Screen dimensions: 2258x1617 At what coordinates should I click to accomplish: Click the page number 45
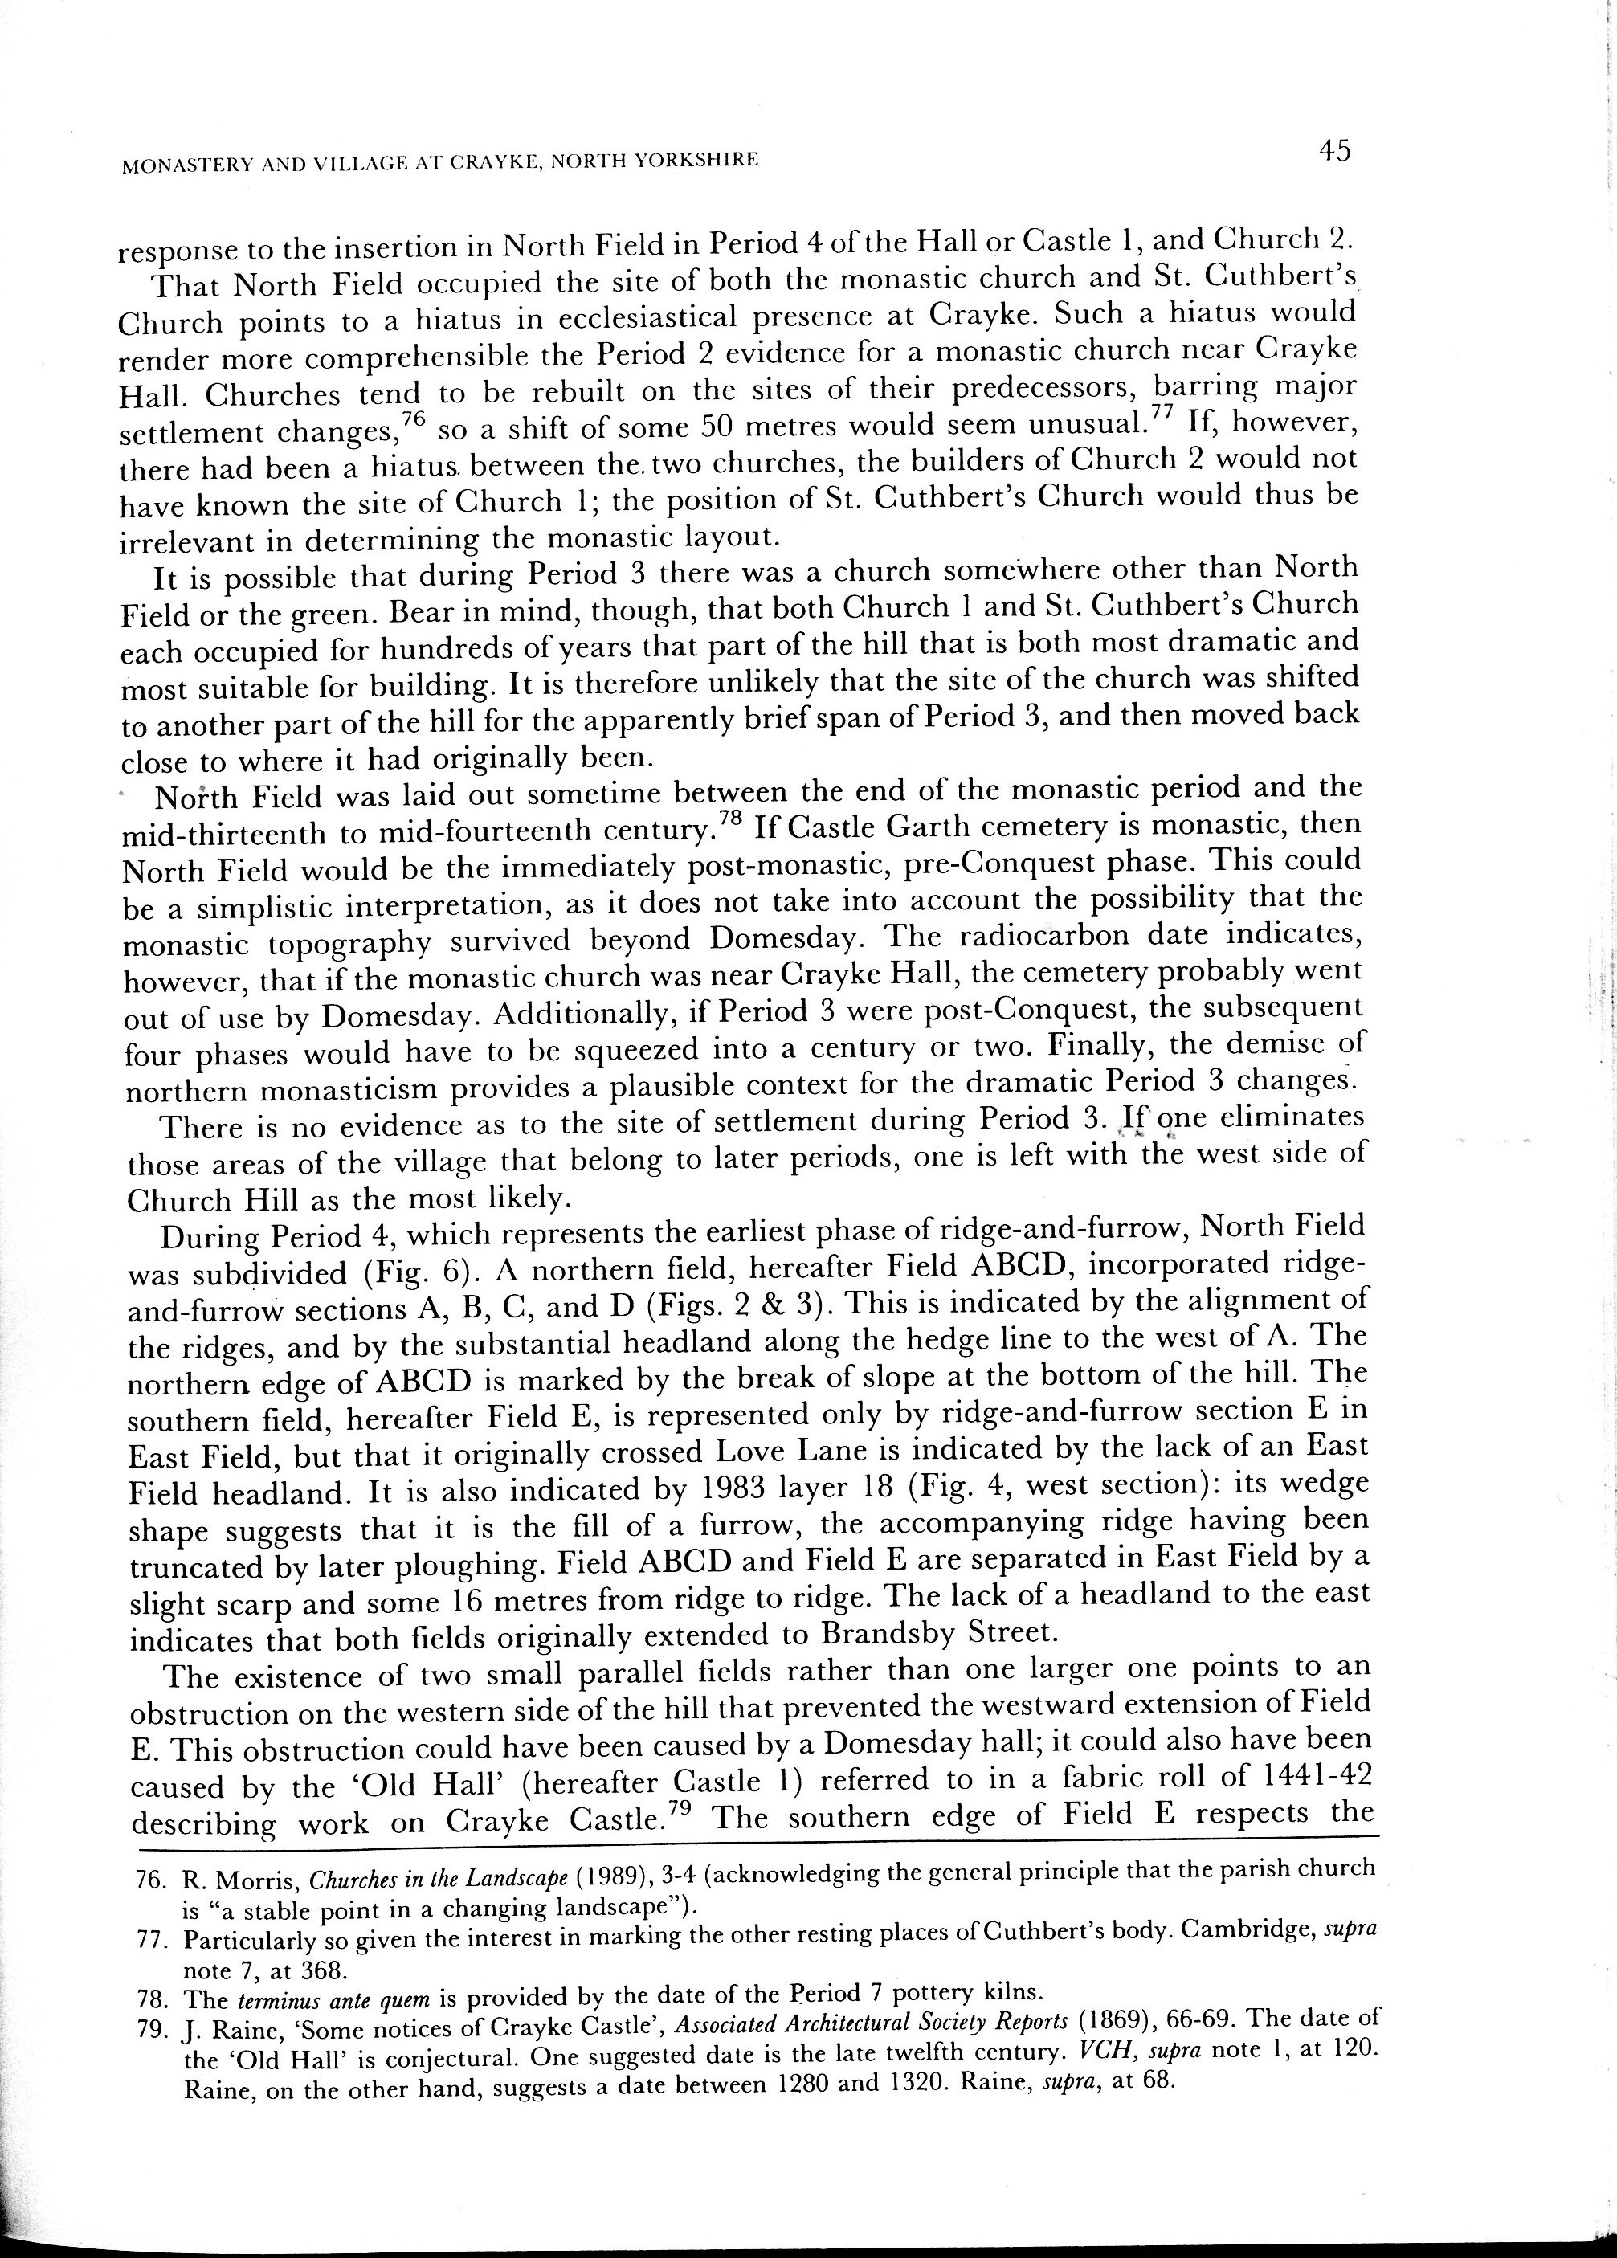tap(1333, 151)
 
